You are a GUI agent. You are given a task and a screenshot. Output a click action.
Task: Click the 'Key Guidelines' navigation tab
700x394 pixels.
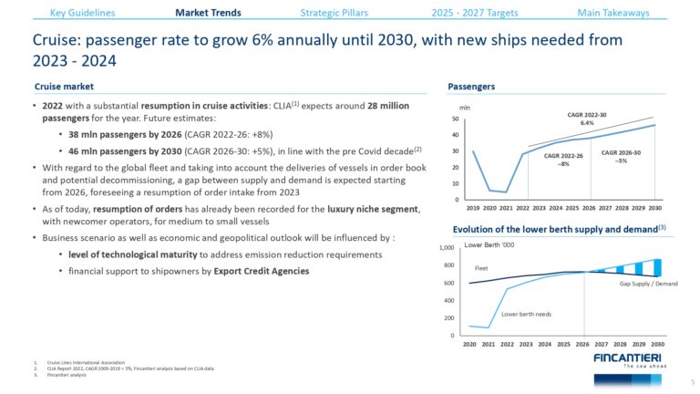tap(84, 13)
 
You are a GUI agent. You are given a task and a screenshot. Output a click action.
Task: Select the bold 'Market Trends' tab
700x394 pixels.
tap(208, 13)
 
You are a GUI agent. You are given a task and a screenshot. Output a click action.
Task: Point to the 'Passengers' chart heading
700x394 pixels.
tap(471, 87)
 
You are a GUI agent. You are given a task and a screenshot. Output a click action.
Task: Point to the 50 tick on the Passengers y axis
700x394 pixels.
tap(455, 119)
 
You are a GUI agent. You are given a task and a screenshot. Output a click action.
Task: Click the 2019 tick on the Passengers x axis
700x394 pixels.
tap(472, 208)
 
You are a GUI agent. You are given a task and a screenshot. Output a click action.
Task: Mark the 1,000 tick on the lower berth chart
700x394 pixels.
tap(446, 247)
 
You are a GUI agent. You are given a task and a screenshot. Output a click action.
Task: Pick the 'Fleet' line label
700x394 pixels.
tap(481, 268)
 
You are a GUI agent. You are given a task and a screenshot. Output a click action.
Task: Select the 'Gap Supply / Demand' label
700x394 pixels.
tap(648, 284)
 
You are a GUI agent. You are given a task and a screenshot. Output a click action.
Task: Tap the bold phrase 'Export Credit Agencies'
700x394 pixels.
tap(258, 271)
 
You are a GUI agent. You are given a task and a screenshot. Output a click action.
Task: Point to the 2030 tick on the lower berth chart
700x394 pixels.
tap(655, 344)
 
